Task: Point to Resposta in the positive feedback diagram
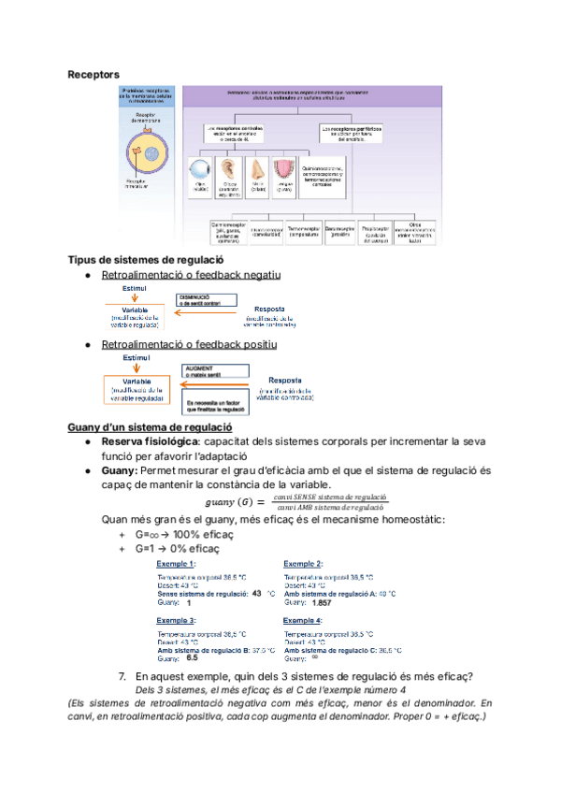285,380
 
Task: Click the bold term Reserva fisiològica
150,440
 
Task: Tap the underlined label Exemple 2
303,564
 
